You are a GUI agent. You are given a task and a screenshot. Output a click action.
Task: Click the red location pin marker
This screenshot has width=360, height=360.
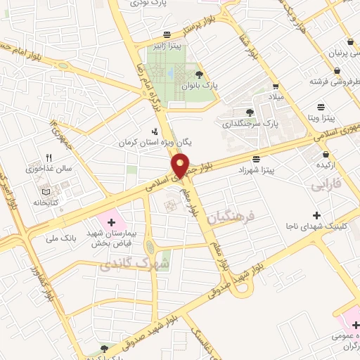click(x=181, y=165)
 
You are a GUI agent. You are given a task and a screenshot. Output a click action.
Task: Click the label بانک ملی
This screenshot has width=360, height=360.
click(x=79, y=239)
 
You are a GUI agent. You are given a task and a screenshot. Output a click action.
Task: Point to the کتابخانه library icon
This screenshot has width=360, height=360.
click(x=46, y=191)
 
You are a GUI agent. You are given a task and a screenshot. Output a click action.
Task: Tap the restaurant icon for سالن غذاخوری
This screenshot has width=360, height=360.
click(x=49, y=158)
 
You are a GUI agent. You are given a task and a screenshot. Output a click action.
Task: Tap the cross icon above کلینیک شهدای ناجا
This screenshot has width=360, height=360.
click(x=316, y=214)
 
